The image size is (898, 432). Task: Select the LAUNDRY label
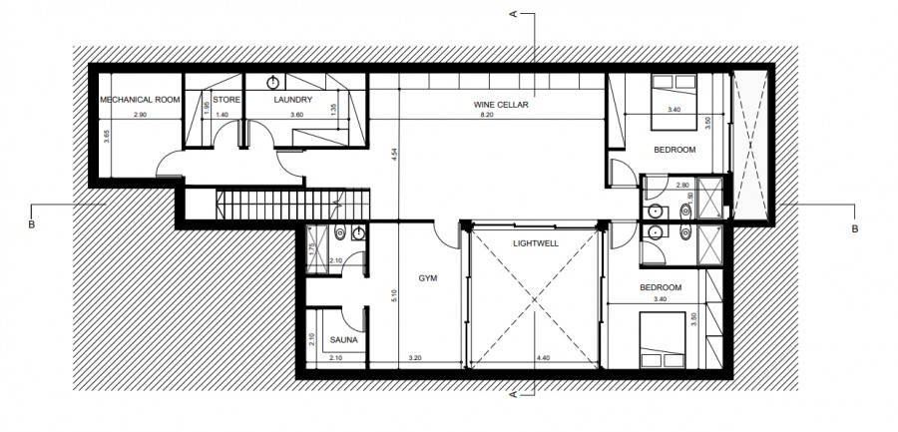click(293, 100)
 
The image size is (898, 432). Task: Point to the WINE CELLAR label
click(500, 104)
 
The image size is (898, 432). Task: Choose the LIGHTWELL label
click(536, 242)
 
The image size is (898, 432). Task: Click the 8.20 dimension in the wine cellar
click(487, 116)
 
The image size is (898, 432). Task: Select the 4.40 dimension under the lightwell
click(542, 357)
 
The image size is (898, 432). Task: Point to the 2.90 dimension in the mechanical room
click(139, 116)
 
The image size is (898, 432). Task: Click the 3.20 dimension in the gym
click(416, 357)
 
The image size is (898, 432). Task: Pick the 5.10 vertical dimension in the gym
click(395, 294)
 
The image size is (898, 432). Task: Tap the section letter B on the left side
click(33, 226)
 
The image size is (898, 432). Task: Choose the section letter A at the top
click(512, 15)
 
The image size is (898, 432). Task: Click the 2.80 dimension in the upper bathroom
click(682, 186)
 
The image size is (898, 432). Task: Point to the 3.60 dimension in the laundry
click(296, 116)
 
